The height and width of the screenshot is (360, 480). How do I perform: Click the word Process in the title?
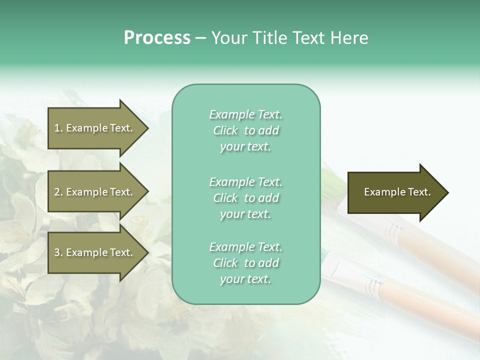click(x=157, y=38)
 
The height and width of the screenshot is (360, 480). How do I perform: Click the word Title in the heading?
click(x=271, y=38)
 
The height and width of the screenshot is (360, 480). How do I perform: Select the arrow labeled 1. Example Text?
click(x=95, y=128)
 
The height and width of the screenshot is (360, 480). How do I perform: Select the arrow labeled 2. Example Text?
click(x=95, y=192)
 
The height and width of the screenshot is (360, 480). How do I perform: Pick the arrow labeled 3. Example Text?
click(x=95, y=252)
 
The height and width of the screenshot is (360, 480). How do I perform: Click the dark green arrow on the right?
click(x=395, y=192)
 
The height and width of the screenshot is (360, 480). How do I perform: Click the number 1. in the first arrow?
click(x=58, y=128)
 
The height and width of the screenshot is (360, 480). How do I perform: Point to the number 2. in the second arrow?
click(x=58, y=192)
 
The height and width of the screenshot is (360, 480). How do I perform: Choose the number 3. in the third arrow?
click(x=58, y=252)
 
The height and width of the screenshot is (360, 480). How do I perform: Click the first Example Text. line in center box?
click(x=245, y=114)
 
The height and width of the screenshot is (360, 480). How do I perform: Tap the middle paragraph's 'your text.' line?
click(x=245, y=214)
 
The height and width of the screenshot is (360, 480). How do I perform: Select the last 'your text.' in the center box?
click(x=245, y=279)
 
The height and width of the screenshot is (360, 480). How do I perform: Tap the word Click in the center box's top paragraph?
click(x=225, y=130)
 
